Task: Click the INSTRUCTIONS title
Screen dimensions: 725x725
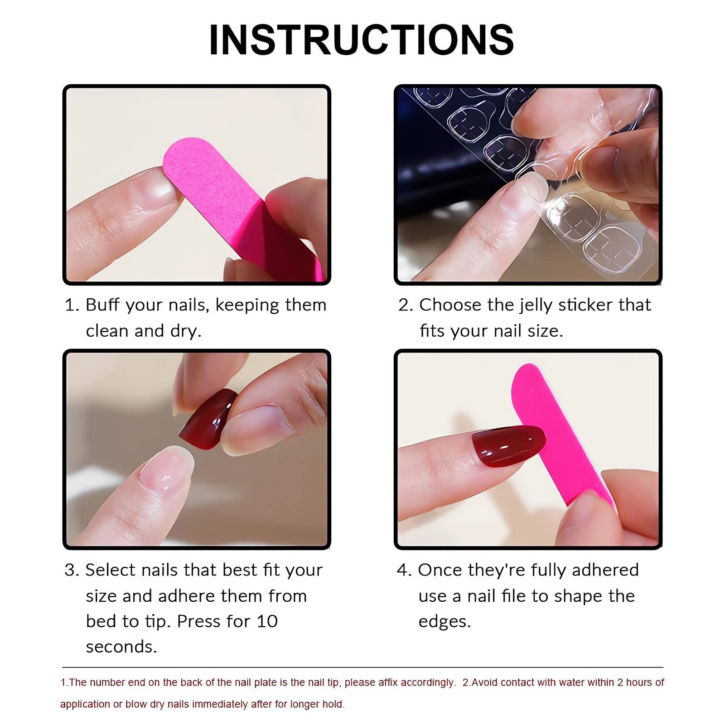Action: coord(361,40)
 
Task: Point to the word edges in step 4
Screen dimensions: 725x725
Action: coord(444,622)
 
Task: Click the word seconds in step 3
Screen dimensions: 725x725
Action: coord(121,647)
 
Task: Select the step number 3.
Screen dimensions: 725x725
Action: coord(71,570)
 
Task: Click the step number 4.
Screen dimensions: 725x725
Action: coord(403,570)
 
